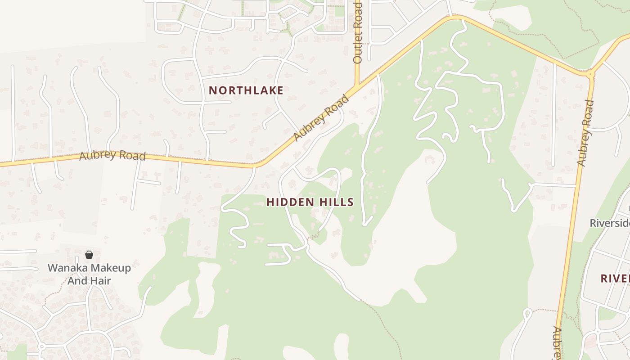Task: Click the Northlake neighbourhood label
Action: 246,90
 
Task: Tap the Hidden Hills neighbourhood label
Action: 310,202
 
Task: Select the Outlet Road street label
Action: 358,32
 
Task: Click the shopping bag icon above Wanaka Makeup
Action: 89,255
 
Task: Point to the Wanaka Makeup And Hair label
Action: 89,274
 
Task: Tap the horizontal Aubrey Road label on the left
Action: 112,156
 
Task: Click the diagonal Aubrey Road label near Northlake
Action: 321,117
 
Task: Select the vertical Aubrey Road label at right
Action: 585,133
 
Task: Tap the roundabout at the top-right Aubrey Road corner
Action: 590,73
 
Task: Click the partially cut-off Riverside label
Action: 610,223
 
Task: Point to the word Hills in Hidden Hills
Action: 336,202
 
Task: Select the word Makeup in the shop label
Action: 107,268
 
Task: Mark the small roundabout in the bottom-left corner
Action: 41,346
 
